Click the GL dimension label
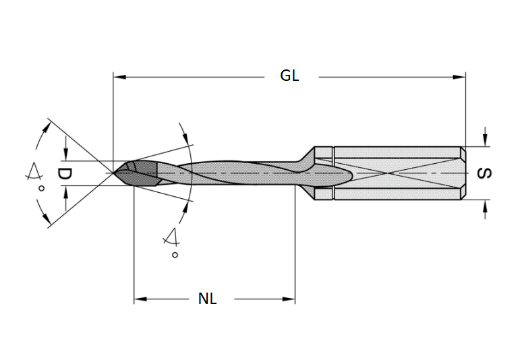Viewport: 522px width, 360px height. tap(289, 76)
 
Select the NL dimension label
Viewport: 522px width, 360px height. tap(208, 299)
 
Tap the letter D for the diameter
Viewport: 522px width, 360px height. tap(64, 173)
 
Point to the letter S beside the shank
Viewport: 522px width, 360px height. tap(484, 173)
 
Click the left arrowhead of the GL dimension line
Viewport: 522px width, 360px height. tap(119, 77)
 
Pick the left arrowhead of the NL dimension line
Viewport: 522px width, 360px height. tap(140, 299)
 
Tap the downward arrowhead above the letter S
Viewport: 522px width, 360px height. tap(484, 140)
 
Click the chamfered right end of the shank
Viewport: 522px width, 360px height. tap(463, 173)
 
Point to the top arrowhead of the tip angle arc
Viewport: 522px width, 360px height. tap(47, 125)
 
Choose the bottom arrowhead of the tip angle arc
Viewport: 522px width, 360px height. tap(47, 222)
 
